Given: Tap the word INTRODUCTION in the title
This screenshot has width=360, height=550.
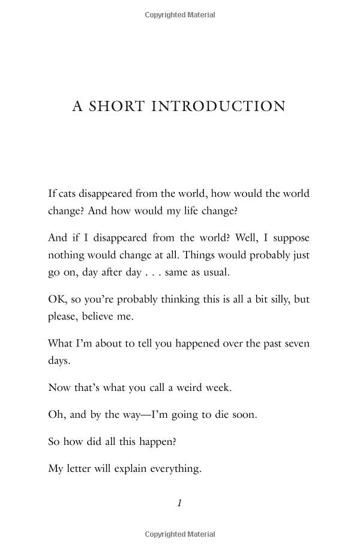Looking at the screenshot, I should coord(218,106).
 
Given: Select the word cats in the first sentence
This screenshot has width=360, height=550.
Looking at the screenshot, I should coord(67,193).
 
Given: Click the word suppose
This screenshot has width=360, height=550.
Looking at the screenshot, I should coord(290,238).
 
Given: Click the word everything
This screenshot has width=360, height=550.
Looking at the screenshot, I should coord(172,468).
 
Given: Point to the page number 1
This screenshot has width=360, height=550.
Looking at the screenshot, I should coord(179,503).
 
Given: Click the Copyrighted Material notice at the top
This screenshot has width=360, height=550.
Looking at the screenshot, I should coord(179,15).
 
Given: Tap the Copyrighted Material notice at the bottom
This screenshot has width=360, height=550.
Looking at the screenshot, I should coord(179,534).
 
